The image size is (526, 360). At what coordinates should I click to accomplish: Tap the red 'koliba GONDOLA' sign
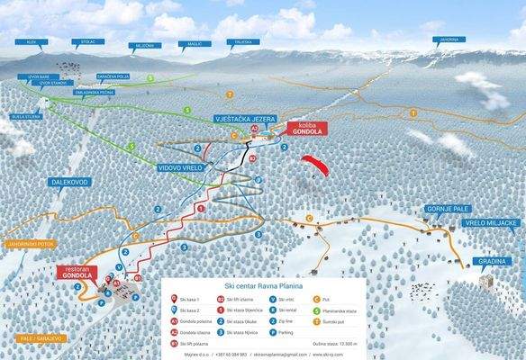click(x=304, y=129)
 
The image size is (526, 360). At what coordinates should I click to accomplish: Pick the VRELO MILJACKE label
click(x=493, y=221)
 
